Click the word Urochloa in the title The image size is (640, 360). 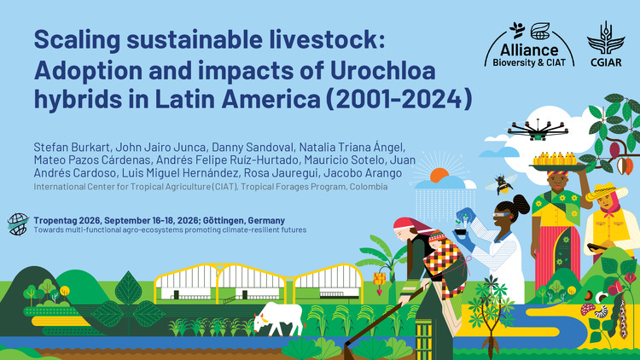pos(383,70)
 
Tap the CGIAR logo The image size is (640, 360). pos(606,44)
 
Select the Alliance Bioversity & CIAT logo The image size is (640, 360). pos(529,44)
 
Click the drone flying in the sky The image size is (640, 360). pos(538,130)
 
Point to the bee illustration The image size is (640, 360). pos(502,184)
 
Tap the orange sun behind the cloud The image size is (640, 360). pos(439,174)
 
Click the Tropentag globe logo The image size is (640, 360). pos(18,224)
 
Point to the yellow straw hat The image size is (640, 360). pos(606,191)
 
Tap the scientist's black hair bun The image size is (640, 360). pos(521,203)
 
